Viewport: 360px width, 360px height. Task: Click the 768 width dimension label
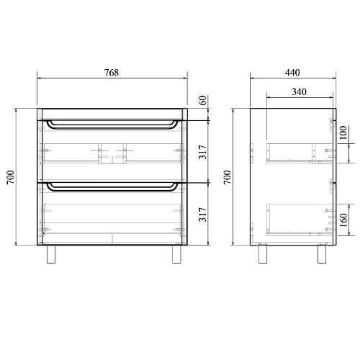[112, 73]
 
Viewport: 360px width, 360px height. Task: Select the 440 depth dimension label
[292, 73]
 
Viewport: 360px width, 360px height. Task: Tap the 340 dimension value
[300, 91]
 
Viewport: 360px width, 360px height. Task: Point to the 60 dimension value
[203, 100]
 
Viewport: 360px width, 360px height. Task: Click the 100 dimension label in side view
[343, 132]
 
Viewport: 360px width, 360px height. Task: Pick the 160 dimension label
[343, 220]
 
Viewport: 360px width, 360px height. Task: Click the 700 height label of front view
[11, 177]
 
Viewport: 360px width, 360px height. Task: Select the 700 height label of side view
[227, 177]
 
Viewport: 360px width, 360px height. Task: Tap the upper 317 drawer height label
[203, 152]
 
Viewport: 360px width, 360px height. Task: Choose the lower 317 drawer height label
[203, 215]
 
